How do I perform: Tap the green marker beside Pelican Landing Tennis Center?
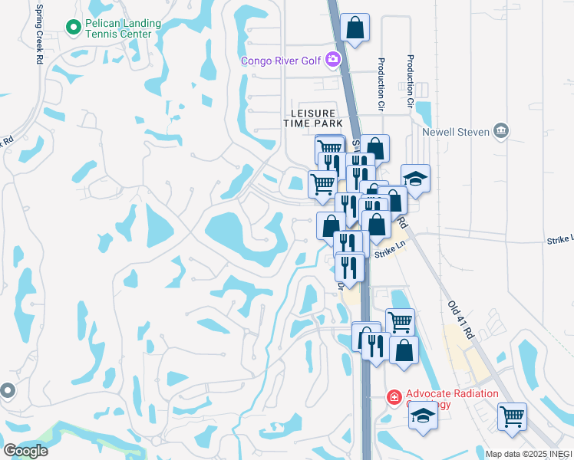point(74,28)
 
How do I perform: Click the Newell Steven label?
point(457,132)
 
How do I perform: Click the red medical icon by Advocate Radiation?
point(394,397)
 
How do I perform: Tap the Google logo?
point(26,451)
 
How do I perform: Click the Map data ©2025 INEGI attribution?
point(529,454)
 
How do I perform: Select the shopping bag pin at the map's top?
point(355,28)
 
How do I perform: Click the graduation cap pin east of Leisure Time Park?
point(415,179)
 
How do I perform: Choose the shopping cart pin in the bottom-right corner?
point(512,417)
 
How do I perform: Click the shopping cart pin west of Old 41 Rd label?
point(400,322)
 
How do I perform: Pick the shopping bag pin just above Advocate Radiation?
point(404,350)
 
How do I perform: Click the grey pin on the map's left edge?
point(7,391)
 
